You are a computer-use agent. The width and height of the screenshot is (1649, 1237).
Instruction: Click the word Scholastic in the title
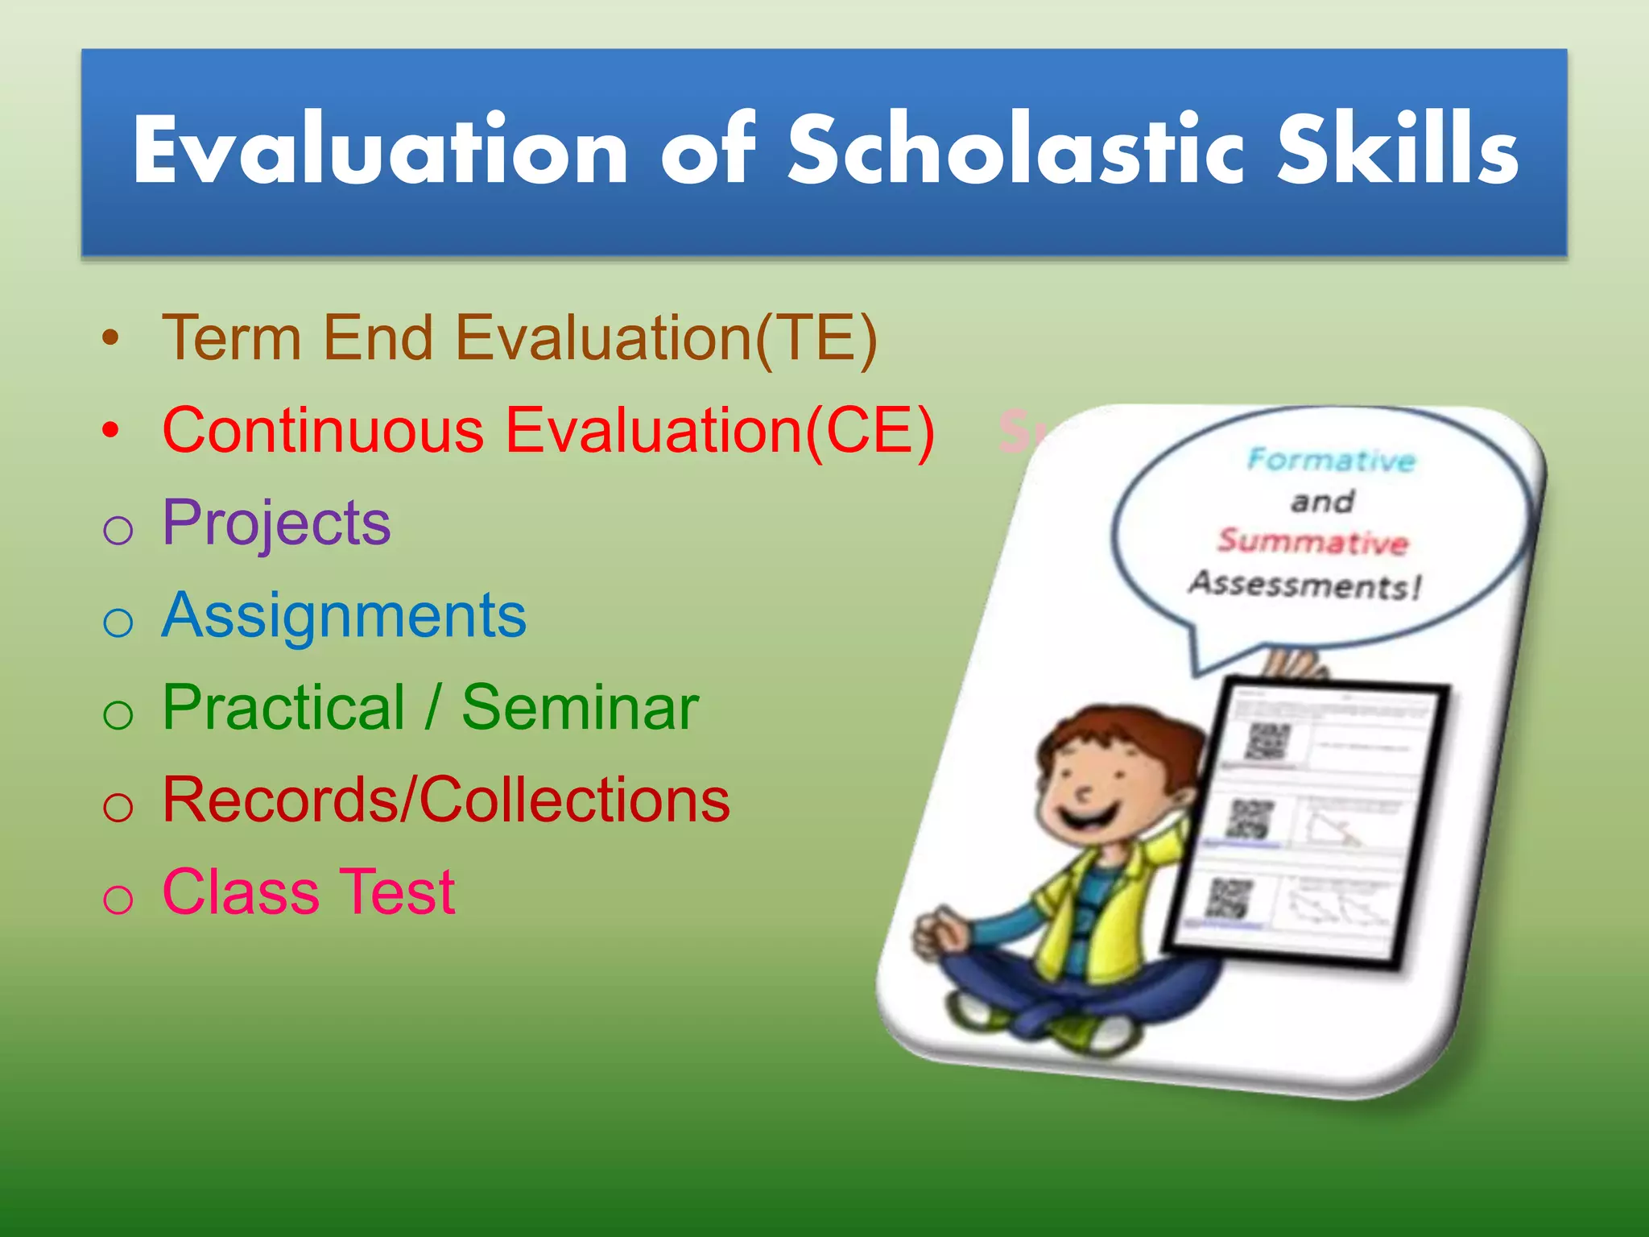[1010, 151]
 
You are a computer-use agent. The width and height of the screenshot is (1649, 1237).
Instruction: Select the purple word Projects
[276, 523]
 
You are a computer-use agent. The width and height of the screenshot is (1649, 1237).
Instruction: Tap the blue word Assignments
[344, 615]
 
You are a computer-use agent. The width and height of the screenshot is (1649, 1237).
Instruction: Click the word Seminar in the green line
[580, 708]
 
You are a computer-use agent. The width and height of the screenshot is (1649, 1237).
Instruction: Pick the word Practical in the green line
[283, 708]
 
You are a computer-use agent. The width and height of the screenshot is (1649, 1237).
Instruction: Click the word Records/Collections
[446, 801]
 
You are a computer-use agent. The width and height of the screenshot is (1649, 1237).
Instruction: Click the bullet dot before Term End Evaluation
[111, 338]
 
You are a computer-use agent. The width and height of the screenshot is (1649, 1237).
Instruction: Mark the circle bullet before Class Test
[118, 898]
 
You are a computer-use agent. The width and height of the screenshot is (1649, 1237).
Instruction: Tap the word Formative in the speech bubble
[1330, 460]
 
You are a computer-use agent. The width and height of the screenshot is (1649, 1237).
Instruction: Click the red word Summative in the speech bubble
[1312, 541]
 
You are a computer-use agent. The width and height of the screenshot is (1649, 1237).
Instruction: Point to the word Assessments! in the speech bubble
[1304, 584]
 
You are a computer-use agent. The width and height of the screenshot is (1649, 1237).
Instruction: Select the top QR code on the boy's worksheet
[1267, 741]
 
